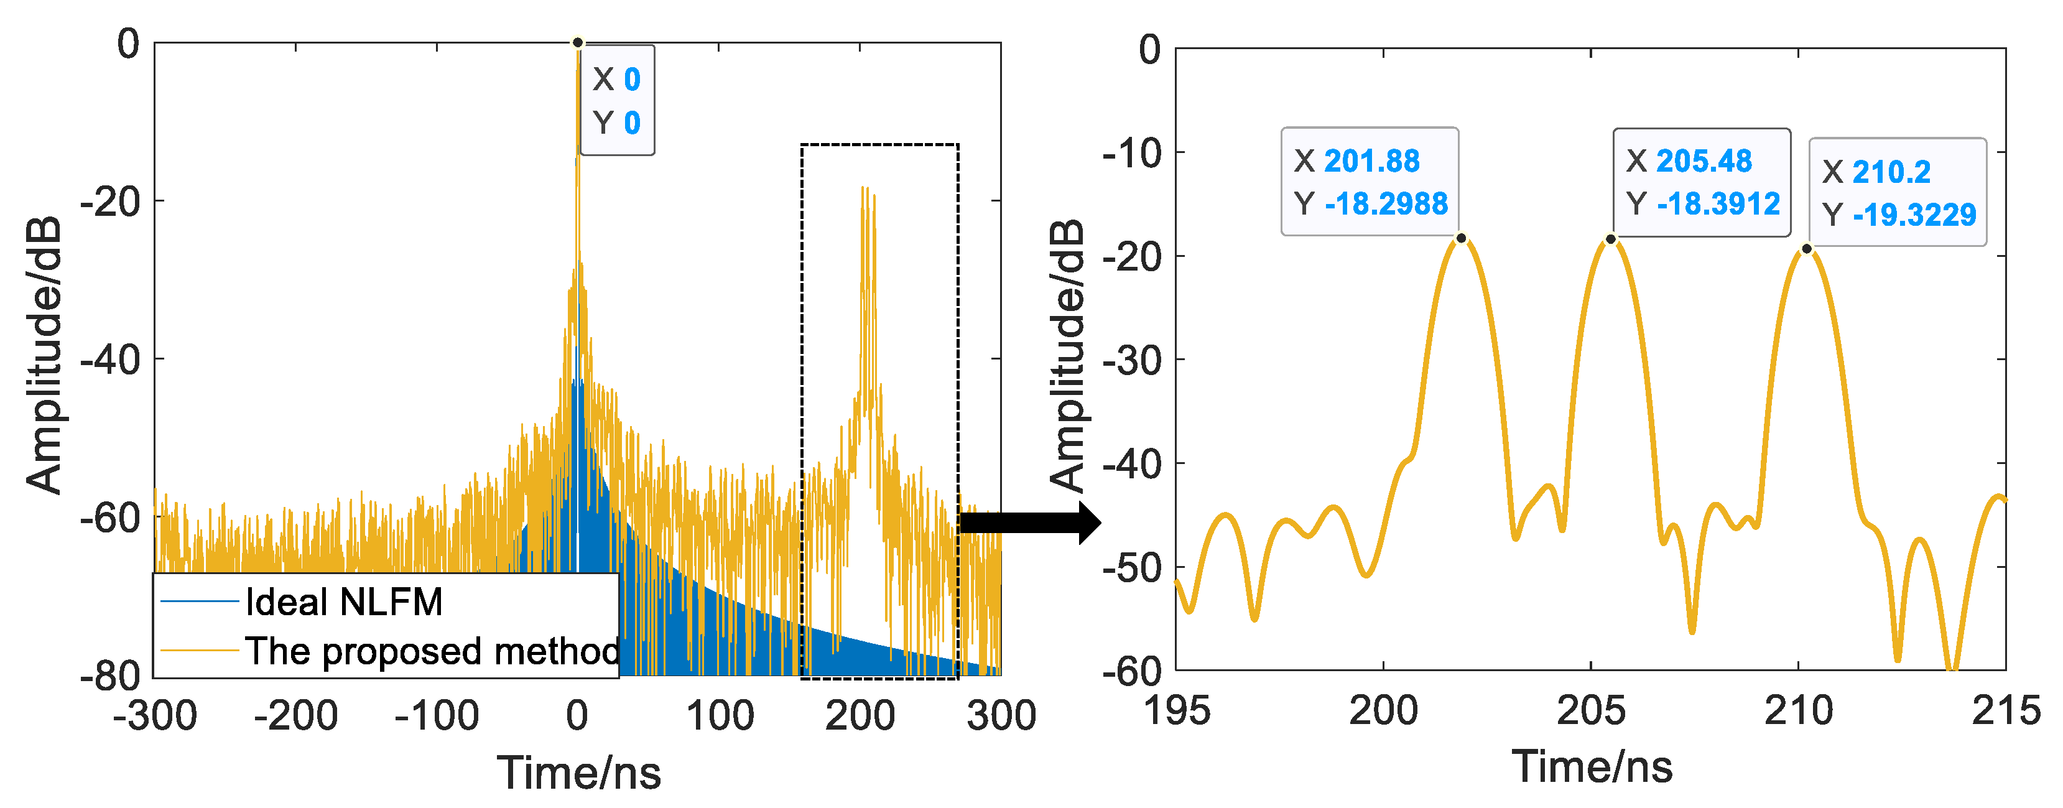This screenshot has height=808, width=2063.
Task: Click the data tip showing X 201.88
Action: coord(1370,182)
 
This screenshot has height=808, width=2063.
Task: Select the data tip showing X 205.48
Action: coord(1701,182)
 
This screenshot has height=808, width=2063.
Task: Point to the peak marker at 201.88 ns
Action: coord(1461,238)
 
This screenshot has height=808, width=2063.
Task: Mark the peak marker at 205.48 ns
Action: coord(1610,239)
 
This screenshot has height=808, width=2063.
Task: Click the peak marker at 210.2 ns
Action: coord(1807,249)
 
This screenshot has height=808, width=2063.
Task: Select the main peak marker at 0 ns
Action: coord(577,42)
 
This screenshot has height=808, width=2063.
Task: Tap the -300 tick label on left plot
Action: coord(155,715)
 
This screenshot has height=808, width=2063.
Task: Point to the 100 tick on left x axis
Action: coord(719,715)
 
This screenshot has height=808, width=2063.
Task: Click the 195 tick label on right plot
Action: coord(1177,710)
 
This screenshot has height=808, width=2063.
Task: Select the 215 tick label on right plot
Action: coord(2005,710)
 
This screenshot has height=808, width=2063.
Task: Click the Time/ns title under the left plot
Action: coord(578,773)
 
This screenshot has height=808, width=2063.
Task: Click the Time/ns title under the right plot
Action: coord(1592,766)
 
